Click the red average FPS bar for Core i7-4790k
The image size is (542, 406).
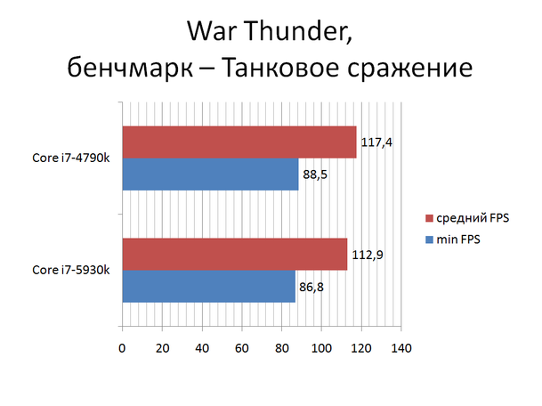239,142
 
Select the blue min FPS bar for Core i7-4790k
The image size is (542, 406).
210,174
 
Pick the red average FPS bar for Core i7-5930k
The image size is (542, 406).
235,254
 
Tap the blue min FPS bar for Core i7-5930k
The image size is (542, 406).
209,286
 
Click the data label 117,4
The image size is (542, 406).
376,142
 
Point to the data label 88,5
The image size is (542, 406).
315,175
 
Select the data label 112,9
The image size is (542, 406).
368,256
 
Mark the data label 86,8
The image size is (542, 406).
311,287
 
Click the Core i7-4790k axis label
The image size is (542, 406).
71,158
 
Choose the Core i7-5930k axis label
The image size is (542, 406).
71,270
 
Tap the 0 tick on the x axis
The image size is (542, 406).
122,348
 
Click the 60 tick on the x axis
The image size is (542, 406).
242,348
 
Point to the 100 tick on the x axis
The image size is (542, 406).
321,348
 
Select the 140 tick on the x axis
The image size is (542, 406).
401,348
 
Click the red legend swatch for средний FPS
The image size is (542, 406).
429,218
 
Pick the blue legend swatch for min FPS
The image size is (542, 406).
429,240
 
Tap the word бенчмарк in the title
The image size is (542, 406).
130,67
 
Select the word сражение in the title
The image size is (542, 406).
410,68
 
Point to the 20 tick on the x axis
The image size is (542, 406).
162,348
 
